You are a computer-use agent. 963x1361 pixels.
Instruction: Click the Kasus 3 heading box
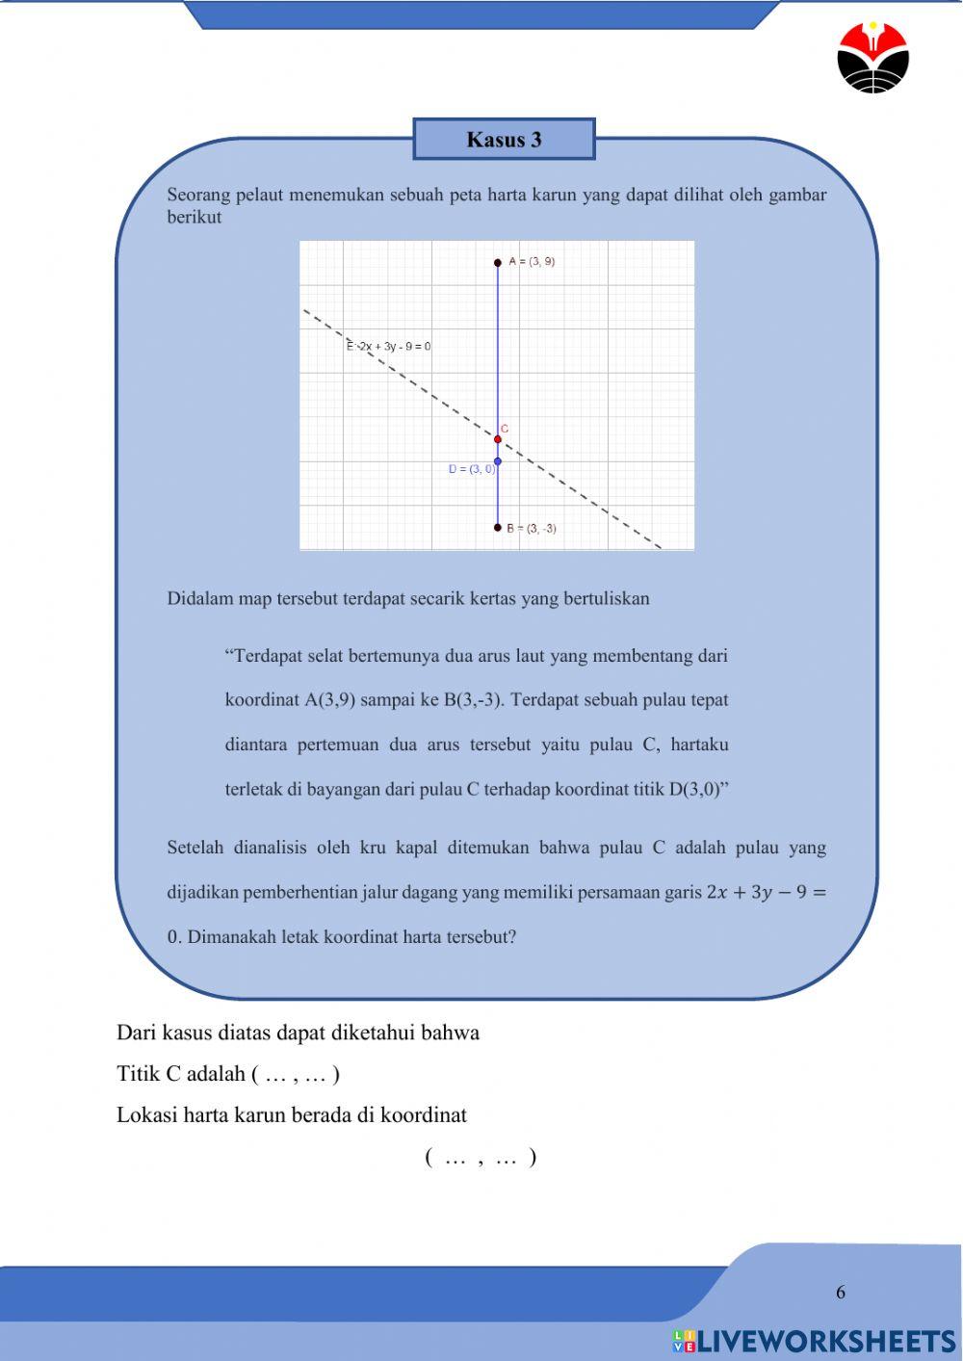pos(504,140)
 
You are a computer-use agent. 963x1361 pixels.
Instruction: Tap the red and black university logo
pos(872,58)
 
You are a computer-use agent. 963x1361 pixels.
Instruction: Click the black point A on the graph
pos(498,262)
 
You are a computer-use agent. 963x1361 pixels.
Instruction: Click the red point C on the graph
pos(498,440)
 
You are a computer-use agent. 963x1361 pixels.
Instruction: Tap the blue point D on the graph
pos(498,461)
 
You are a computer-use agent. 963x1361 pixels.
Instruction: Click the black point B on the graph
pos(498,528)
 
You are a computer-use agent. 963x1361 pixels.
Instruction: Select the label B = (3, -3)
pos(532,529)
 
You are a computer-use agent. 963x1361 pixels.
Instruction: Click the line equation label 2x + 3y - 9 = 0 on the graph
pos(389,347)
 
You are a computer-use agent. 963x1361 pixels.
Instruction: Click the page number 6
pos(841,1293)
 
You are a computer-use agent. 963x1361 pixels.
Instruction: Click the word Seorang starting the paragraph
pos(197,196)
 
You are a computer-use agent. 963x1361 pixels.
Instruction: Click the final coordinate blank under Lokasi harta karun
pos(481,1158)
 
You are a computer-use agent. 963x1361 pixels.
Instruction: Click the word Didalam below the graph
pos(199,599)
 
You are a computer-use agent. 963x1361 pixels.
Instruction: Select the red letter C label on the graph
pos(505,429)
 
